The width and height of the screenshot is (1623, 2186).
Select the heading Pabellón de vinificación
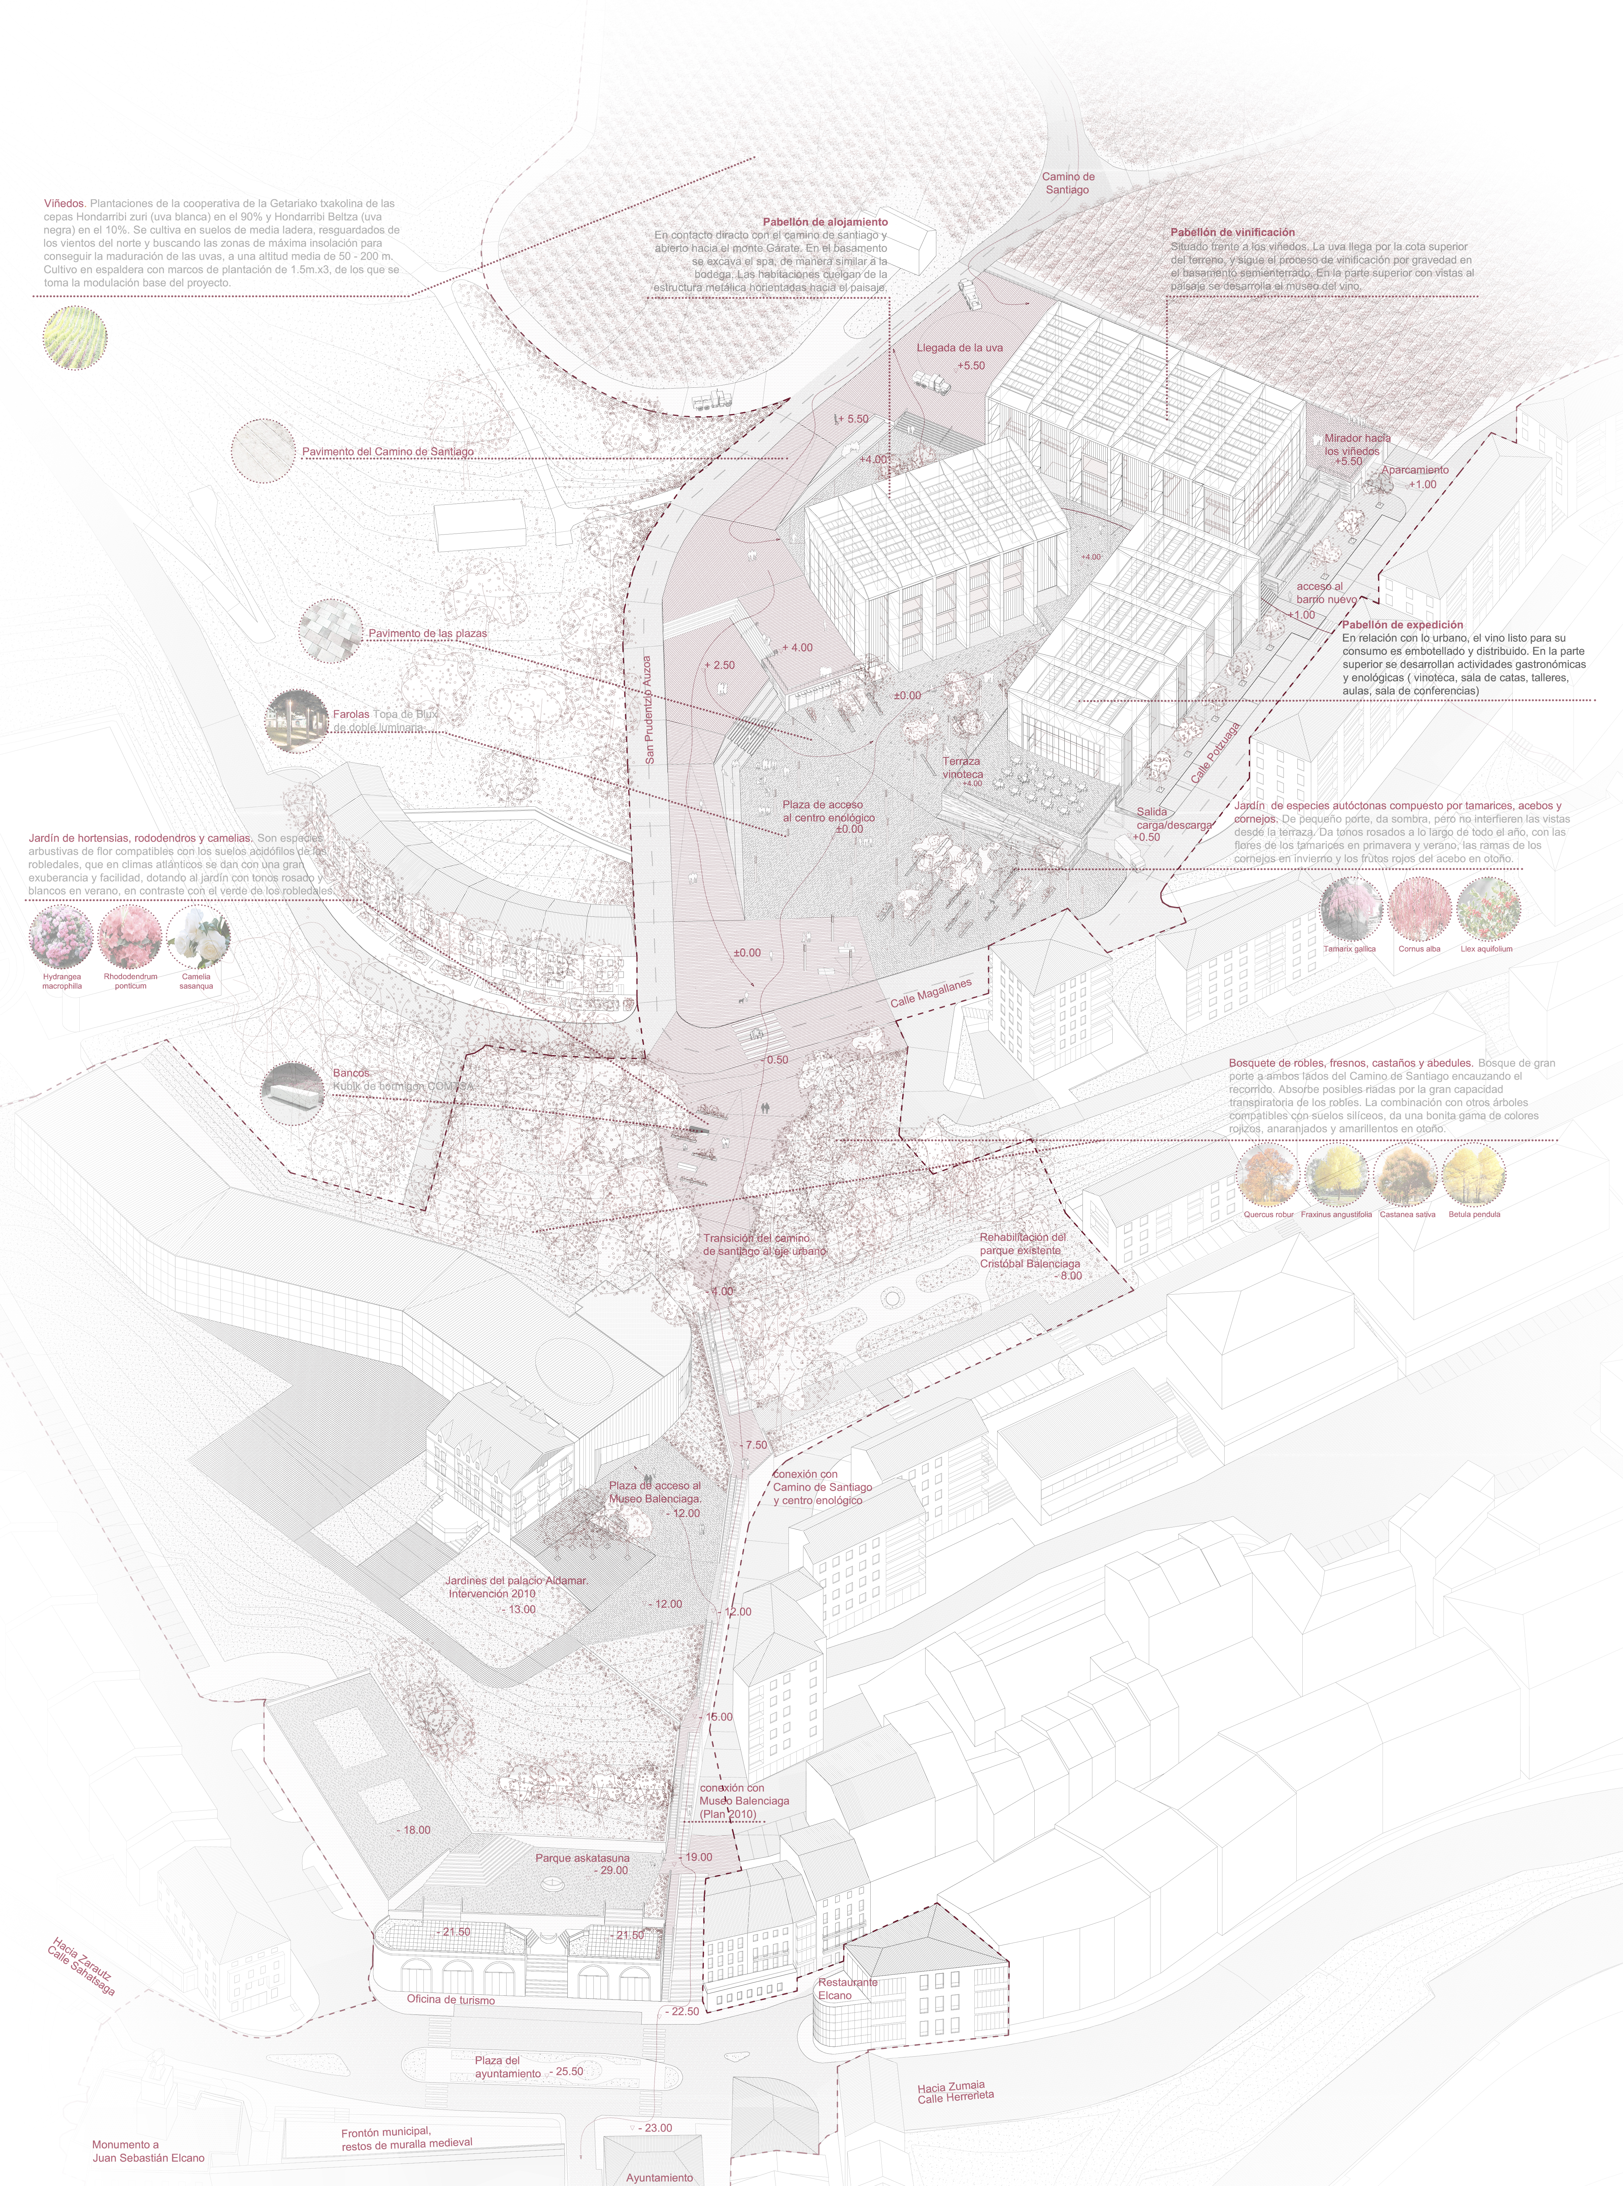point(1232,232)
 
